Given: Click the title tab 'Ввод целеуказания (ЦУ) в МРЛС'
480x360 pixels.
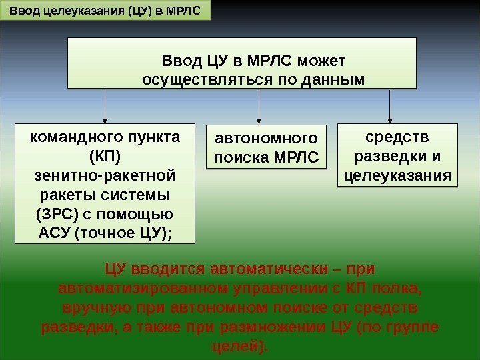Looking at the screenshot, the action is [105, 11].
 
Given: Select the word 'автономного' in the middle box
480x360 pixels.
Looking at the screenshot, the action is [265, 139].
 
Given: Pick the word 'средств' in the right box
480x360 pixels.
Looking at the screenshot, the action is [398, 138].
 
